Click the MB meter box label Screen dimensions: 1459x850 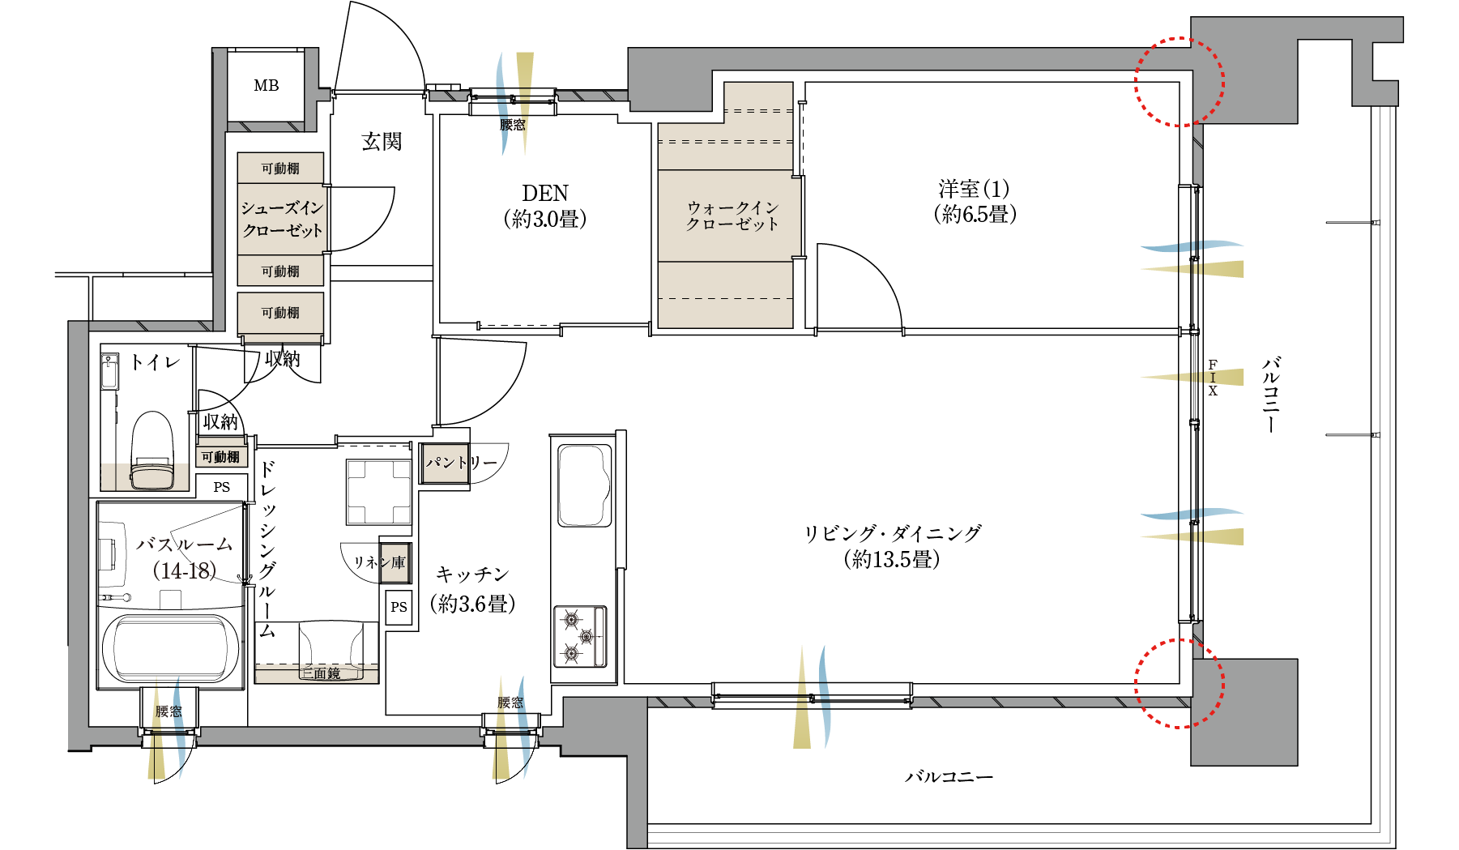(266, 85)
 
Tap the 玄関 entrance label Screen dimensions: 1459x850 (382, 142)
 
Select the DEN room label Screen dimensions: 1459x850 (545, 193)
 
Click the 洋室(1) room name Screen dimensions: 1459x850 (975, 189)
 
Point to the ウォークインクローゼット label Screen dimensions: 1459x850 (732, 216)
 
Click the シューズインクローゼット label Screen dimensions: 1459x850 (282, 219)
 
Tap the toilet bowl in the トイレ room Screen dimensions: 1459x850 (152, 451)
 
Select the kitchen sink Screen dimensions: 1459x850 (583, 484)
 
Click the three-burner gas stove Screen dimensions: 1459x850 (580, 636)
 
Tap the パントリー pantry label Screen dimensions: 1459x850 (461, 463)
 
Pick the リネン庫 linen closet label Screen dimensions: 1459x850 (379, 562)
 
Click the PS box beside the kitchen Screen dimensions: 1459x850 (399, 607)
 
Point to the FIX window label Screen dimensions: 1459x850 (1213, 378)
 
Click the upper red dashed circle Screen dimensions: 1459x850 (1179, 82)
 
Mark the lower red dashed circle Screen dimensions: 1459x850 (1179, 683)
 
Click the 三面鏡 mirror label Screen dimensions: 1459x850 (321, 673)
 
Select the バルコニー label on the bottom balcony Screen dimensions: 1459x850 (949, 776)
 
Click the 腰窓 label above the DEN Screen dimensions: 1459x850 (512, 125)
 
